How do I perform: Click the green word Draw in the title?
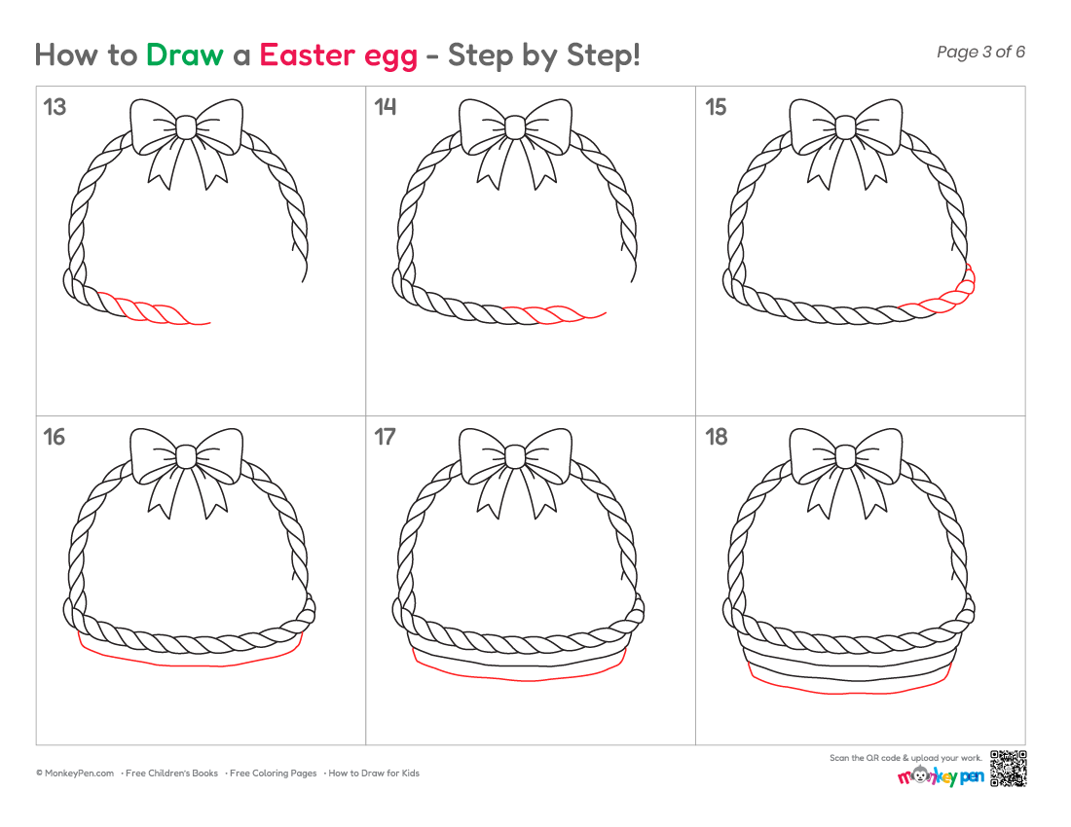click(x=184, y=54)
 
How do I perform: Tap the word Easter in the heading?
click(x=308, y=54)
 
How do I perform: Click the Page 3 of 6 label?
click(x=980, y=52)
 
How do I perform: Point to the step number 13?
click(x=55, y=107)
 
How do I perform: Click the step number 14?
click(x=386, y=107)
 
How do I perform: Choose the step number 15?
click(x=716, y=107)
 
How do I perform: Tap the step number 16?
click(x=55, y=437)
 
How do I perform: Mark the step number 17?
click(x=386, y=437)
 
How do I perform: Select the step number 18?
click(x=717, y=437)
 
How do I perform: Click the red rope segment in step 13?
click(x=153, y=309)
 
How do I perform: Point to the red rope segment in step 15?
click(x=943, y=297)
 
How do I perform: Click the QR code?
click(x=1008, y=769)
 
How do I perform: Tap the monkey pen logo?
click(x=941, y=775)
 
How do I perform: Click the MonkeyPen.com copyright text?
click(x=75, y=773)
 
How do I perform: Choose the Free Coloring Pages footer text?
click(x=274, y=773)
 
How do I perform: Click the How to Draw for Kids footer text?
click(x=374, y=773)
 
